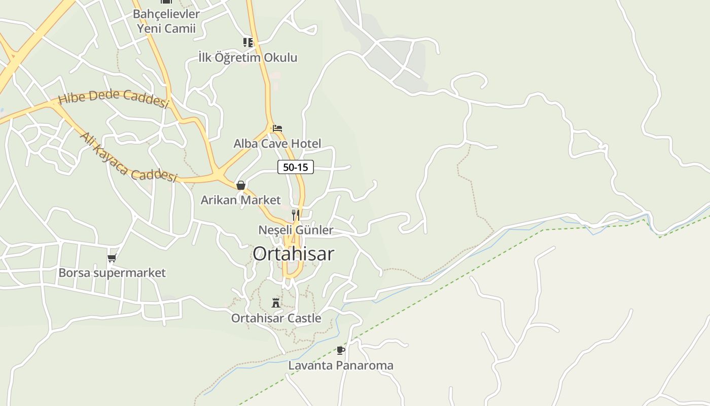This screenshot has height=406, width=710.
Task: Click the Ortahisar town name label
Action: point(293,254)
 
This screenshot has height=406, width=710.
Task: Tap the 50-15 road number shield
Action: point(296,167)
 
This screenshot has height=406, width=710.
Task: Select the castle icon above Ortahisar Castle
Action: point(276,303)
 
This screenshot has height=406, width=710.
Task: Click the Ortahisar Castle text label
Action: point(276,318)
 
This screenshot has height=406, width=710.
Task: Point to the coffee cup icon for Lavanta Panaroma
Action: point(340,350)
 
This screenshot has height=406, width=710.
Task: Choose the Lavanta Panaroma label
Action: point(341,365)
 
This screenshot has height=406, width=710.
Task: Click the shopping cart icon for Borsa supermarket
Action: point(112,258)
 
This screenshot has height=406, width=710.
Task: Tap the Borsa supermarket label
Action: point(112,273)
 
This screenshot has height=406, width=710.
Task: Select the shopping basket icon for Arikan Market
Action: point(241,185)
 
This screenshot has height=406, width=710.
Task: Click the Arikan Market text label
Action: point(240,200)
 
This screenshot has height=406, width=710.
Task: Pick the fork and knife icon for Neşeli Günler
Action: point(296,215)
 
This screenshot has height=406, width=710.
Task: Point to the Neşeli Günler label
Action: point(296,230)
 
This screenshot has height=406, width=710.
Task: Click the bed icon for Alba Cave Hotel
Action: point(277,128)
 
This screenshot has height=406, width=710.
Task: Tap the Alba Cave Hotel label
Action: point(277,144)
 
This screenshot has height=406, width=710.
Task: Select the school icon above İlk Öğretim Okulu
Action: point(247,42)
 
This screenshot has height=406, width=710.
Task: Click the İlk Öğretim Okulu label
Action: point(247,57)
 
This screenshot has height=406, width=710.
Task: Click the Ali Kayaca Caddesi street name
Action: point(128,158)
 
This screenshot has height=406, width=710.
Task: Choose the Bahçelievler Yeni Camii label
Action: point(166,21)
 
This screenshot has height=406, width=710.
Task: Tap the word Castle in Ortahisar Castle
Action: point(302,318)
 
